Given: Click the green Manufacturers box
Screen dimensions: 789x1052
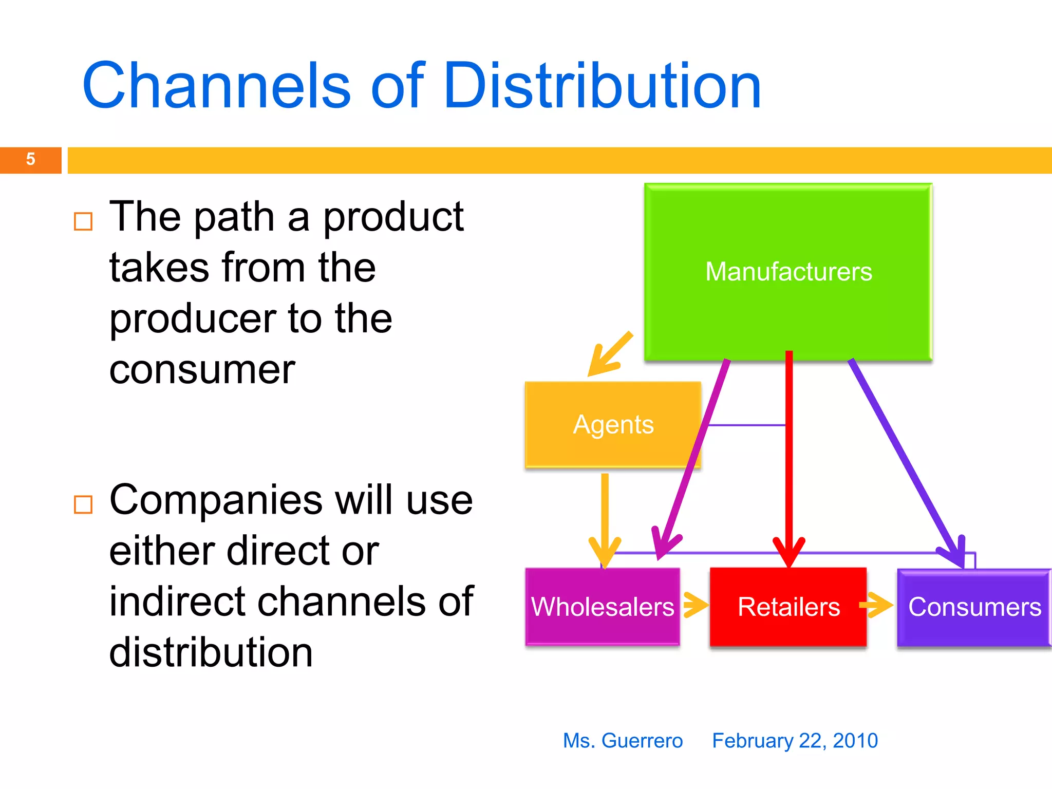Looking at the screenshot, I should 788,272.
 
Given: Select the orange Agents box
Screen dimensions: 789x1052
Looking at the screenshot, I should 613,424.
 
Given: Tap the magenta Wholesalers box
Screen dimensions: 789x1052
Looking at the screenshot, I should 602,607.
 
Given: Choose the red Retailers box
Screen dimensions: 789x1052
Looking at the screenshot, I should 788,607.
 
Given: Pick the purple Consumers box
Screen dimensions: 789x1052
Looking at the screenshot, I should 974,607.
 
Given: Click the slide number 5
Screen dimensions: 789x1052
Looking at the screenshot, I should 30,159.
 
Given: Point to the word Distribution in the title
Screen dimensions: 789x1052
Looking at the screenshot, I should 602,86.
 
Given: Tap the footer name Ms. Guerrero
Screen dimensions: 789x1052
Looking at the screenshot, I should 623,741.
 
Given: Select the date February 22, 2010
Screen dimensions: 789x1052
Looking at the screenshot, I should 795,741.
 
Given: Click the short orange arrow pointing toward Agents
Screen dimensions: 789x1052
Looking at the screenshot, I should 610,355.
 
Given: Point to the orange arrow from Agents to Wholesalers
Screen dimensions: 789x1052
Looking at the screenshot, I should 605,519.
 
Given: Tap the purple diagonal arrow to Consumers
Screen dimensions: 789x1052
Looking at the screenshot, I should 904,457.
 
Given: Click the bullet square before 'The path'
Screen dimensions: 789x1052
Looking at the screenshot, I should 83,221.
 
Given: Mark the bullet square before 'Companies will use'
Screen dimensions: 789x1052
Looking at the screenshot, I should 83,504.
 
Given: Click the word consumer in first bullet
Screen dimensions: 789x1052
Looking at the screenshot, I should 202,370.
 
